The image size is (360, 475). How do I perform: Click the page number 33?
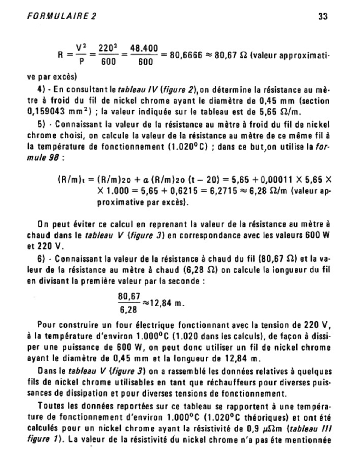pos(322,16)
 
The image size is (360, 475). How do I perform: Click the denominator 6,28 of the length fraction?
pos(129,310)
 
